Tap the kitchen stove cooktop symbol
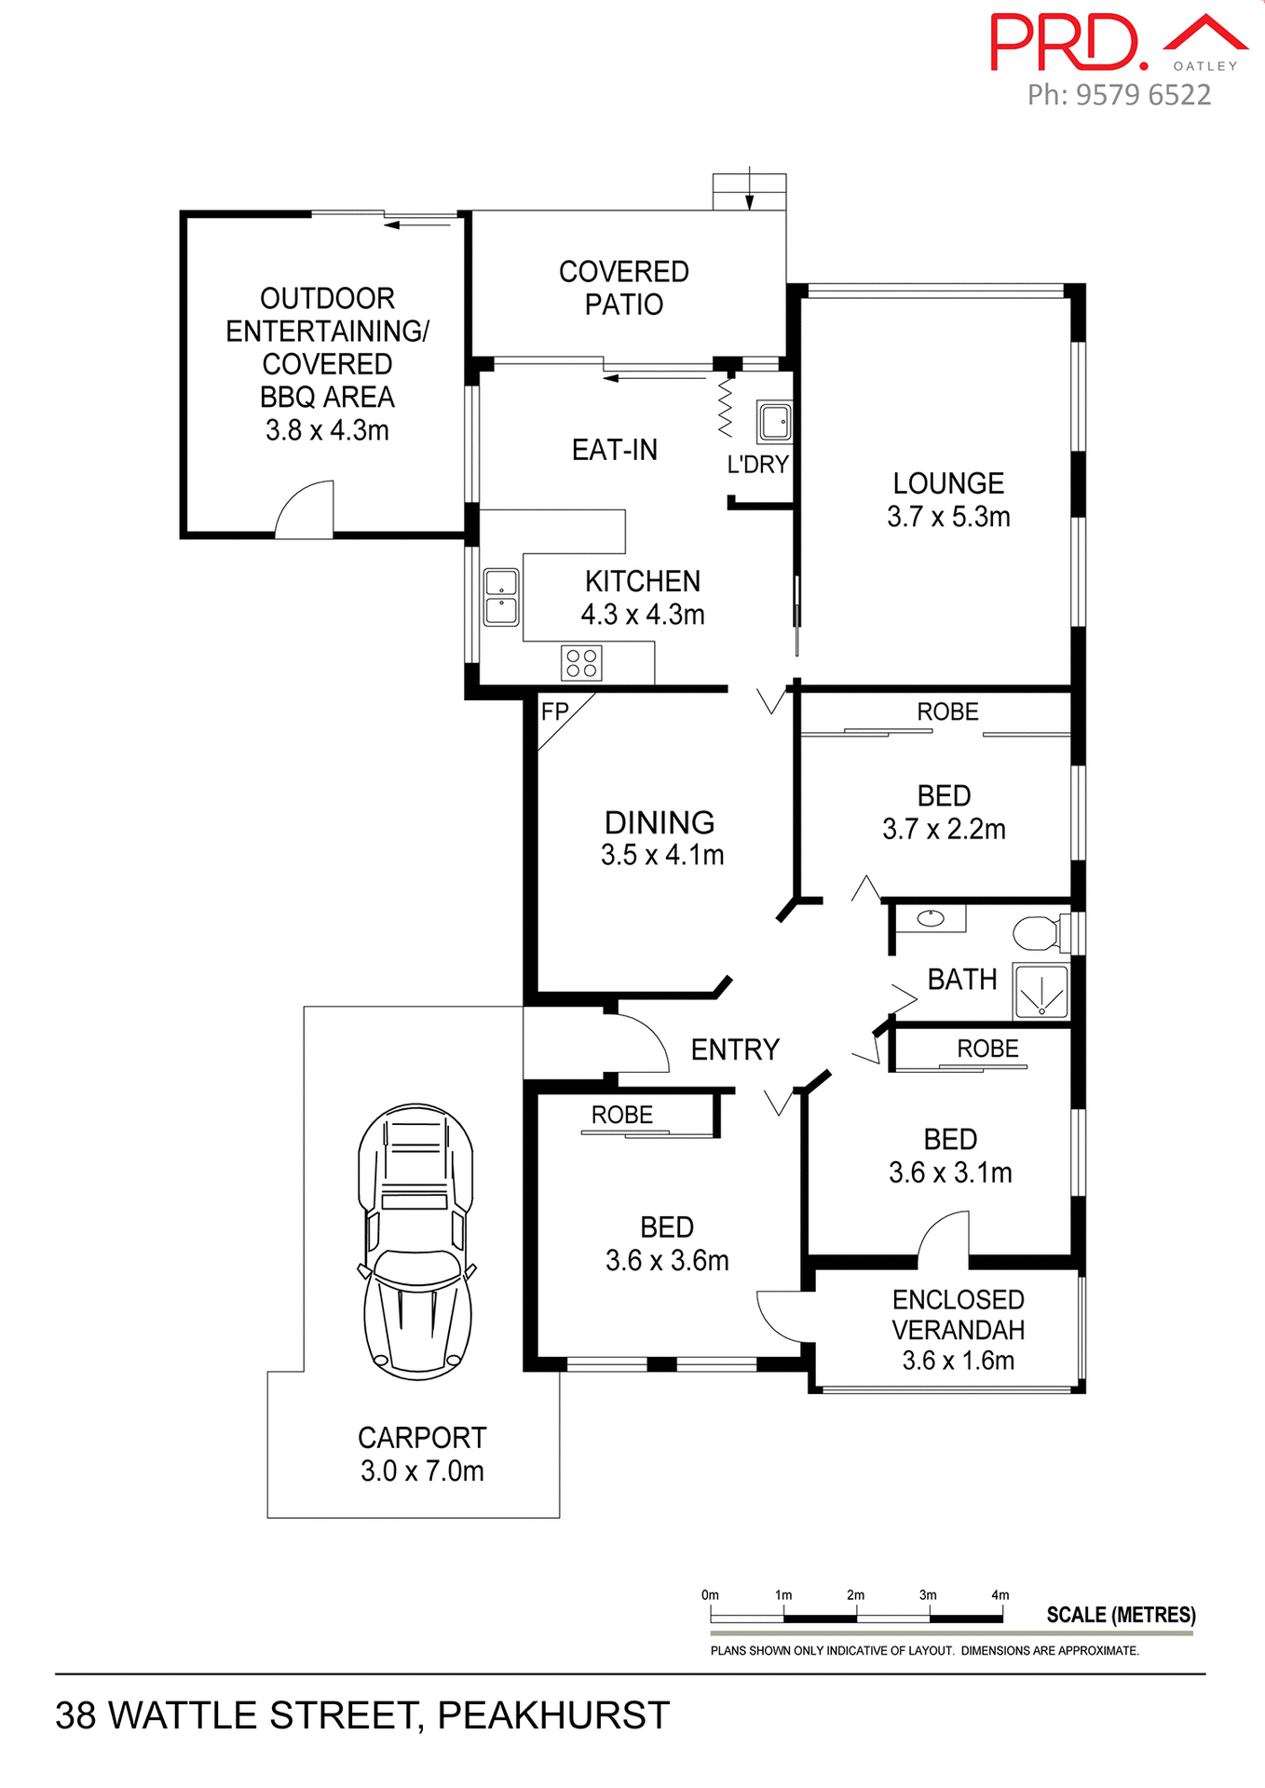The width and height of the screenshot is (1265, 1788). coord(581,663)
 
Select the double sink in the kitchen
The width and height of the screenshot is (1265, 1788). coord(501,597)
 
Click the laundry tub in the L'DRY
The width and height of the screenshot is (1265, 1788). coord(774,422)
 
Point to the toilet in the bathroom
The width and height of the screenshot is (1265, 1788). coord(1038,932)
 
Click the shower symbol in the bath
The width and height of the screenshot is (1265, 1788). coord(1041,992)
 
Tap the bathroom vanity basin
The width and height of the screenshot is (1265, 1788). coord(931,919)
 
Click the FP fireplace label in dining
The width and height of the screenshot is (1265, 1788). coord(555,712)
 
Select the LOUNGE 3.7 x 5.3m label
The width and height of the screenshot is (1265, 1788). coord(948,499)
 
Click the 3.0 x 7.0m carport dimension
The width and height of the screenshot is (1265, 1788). coord(422,1471)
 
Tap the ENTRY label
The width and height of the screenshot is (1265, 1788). coord(735,1050)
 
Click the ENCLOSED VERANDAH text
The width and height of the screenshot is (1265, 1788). coord(958,1314)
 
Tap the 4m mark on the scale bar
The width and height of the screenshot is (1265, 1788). coord(1000,1595)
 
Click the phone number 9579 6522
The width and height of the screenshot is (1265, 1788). coord(1143,95)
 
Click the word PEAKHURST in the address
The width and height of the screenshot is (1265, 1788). coord(553,1715)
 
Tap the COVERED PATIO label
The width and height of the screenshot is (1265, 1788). coord(624,288)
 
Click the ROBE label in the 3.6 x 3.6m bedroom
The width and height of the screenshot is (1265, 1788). coord(622,1115)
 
